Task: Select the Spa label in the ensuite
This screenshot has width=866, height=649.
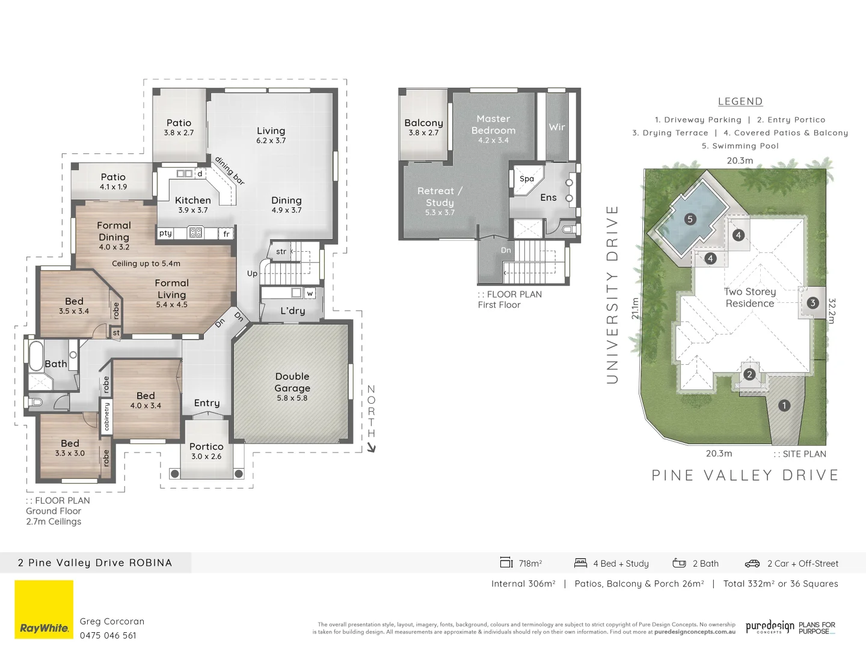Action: pos(527,178)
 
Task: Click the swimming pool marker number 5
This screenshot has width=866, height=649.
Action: pos(690,219)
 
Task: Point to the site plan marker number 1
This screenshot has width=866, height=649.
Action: pos(784,406)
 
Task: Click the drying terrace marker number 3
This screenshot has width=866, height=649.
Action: pos(812,303)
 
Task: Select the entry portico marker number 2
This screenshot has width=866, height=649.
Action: pos(749,374)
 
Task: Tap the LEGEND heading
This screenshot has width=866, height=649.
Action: pos(740,102)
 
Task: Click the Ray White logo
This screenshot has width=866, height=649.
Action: pos(44,611)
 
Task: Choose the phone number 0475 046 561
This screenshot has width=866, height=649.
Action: pos(108,635)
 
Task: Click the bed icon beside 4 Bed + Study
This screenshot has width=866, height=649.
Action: pos(580,563)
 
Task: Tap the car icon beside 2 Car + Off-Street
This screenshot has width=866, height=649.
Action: pos(752,564)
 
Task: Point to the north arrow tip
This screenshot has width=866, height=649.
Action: pos(372,449)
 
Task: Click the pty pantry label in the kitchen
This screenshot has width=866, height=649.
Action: pos(165,233)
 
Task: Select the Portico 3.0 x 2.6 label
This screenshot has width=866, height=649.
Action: pos(206,451)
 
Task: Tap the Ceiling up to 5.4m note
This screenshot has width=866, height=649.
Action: pos(146,263)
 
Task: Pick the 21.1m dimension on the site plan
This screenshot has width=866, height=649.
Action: pos(635,308)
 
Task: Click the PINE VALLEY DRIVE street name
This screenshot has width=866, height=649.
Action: pos(745,475)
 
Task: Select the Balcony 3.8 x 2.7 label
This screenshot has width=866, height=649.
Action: pos(423,127)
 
